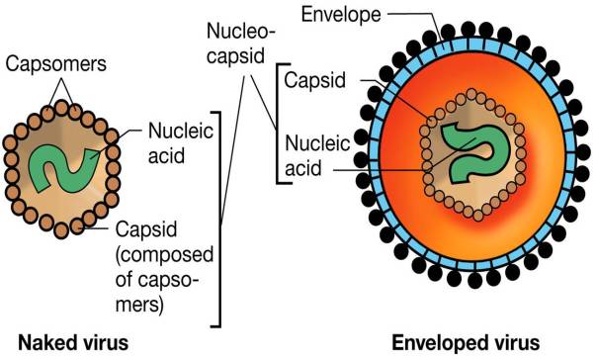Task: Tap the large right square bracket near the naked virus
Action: [x=216, y=219]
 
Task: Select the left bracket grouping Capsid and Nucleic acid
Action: [x=284, y=124]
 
